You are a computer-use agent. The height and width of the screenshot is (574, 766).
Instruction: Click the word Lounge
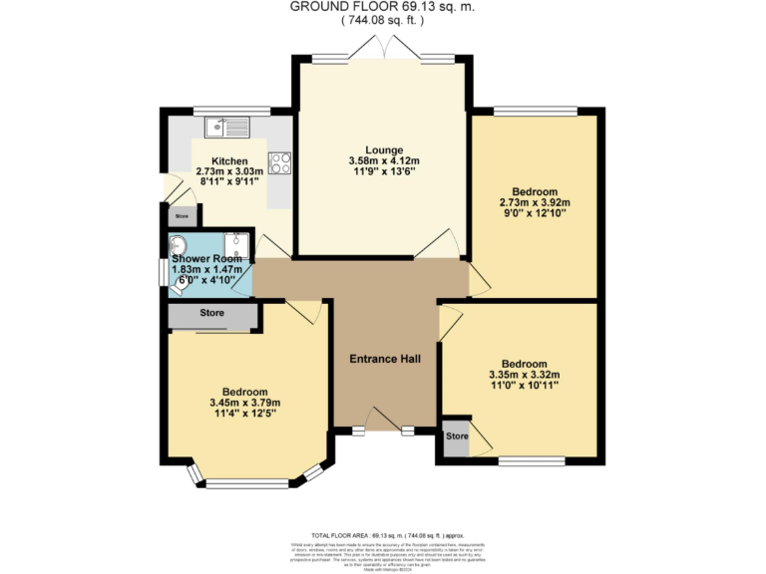coord(384,149)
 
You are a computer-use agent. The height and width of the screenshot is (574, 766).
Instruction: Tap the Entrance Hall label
coord(384,359)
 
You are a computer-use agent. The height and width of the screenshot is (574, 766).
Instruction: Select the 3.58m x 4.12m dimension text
coord(384,161)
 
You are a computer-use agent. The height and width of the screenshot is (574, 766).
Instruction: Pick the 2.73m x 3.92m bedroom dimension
coord(535,202)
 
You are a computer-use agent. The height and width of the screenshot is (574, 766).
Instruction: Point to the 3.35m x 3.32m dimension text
coord(524,375)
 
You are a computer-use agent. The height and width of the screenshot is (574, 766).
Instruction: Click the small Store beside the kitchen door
coord(182,215)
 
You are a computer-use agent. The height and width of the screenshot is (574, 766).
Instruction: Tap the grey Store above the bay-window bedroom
coord(211,314)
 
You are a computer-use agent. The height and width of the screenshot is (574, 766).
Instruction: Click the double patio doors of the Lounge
coord(384,52)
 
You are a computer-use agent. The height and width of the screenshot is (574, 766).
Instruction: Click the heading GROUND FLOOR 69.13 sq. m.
coord(383,6)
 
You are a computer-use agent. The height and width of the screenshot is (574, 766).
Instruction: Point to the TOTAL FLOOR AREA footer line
coord(383,535)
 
